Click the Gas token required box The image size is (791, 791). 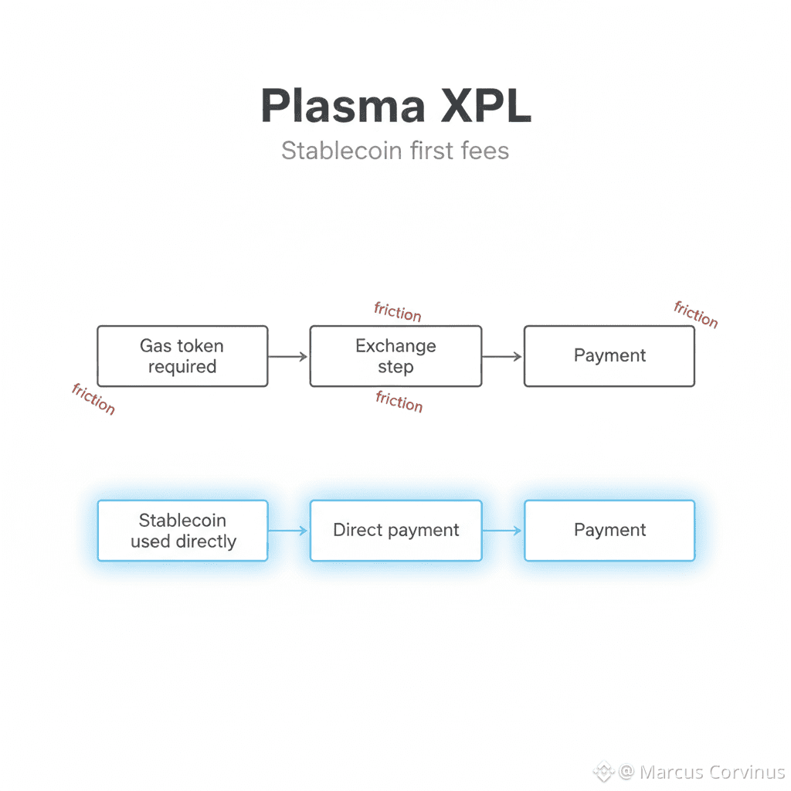pyautogui.click(x=182, y=356)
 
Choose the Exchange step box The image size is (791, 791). pyautogui.click(x=395, y=356)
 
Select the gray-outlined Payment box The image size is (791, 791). pyautogui.click(x=609, y=356)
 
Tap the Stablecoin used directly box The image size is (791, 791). pyautogui.click(x=182, y=531)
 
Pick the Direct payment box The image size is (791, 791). pyautogui.click(x=395, y=531)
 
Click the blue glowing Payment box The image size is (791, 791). pyautogui.click(x=609, y=531)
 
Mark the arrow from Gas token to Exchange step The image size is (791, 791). pyautogui.click(x=288, y=356)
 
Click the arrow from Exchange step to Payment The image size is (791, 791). pyautogui.click(x=502, y=356)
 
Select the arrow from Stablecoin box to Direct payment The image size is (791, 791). pyautogui.click(x=288, y=531)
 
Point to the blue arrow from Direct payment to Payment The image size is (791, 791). pyautogui.click(x=502, y=531)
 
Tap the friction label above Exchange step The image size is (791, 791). pyautogui.click(x=398, y=312)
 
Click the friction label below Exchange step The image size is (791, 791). pyautogui.click(x=399, y=401)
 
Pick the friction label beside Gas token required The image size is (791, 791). pyautogui.click(x=93, y=399)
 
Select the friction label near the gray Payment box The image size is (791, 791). pyautogui.click(x=696, y=314)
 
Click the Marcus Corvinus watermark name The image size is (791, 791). pyautogui.click(x=711, y=772)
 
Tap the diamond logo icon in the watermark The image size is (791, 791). pyautogui.click(x=603, y=772)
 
